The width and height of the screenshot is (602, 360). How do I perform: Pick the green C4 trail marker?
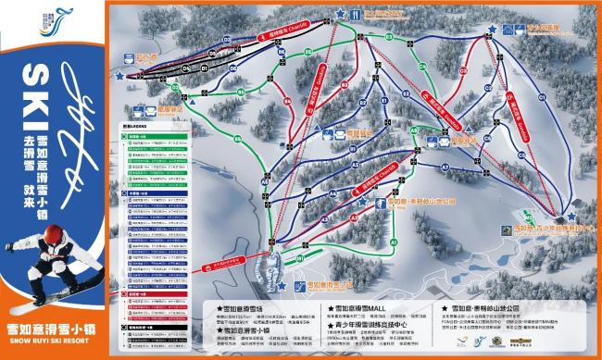pyautogui.click(x=421, y=67)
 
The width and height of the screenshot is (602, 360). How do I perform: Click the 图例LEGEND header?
pyautogui.click(x=136, y=124)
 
